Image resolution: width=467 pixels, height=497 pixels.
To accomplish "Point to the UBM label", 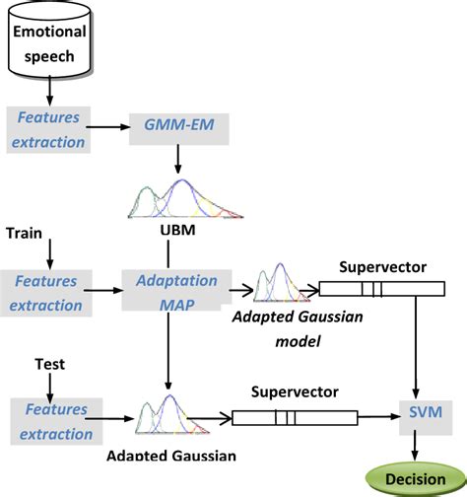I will pos(176,234).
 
